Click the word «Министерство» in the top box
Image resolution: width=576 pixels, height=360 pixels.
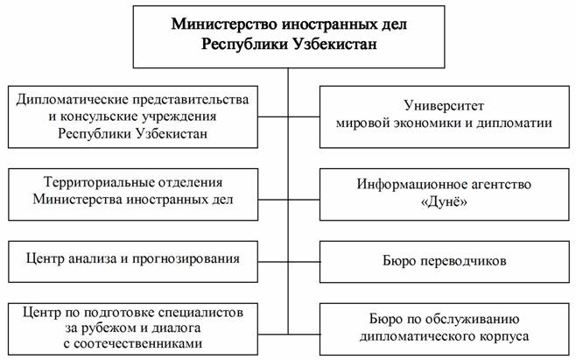pos(217,24)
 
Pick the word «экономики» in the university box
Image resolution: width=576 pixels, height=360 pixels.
pos(421,123)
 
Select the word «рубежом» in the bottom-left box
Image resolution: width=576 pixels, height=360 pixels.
pos(95,328)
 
